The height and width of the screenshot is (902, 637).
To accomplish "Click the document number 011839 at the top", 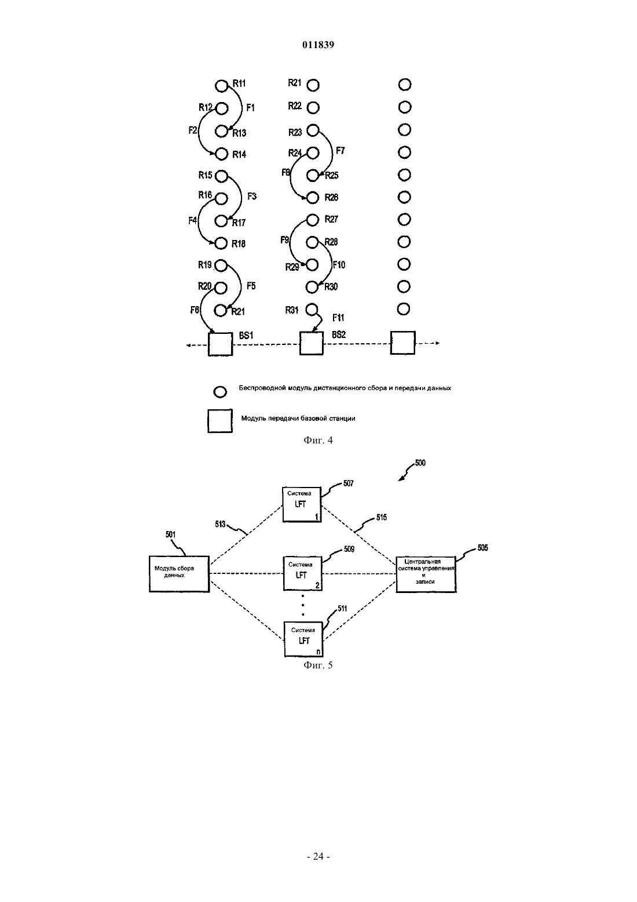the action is point(318,45).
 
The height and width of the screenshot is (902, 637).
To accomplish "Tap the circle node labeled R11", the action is point(221,86).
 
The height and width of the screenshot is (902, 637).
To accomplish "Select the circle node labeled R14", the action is point(221,154).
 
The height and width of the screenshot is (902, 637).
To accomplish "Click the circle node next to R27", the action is point(313,220).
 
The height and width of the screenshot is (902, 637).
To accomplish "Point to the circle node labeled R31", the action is point(312,310).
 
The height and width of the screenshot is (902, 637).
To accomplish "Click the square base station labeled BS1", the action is point(220,344).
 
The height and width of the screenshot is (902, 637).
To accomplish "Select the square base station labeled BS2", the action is point(312,343).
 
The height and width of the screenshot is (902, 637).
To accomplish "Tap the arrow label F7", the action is point(341,151).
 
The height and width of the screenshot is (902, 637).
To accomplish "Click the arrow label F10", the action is point(339,265).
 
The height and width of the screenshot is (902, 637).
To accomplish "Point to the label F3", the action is point(252,197).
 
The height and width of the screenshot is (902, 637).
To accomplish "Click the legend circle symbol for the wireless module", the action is point(220,392).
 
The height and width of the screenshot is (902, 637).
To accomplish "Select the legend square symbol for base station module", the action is point(220,421).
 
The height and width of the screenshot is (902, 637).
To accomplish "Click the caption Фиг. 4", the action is point(318,440).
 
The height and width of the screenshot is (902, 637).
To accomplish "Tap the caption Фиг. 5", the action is point(318,665).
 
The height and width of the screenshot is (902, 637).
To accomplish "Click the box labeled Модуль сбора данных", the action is point(180,574).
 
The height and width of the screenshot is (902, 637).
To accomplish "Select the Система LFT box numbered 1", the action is point(302,504).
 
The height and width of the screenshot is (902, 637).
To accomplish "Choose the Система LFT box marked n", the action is point(303,639).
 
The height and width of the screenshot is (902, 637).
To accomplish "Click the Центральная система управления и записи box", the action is point(426,574).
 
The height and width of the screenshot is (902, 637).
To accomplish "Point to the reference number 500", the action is point(420,463).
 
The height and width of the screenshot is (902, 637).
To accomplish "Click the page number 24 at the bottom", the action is point(318,856).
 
